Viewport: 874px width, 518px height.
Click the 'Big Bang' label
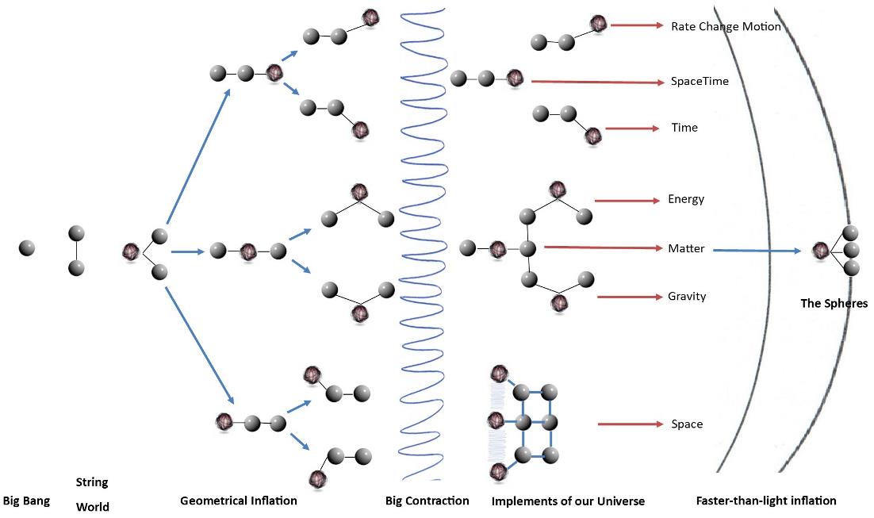pyautogui.click(x=26, y=501)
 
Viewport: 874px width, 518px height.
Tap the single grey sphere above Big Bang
pyautogui.click(x=27, y=248)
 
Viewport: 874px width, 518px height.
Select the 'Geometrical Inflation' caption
pyautogui.click(x=239, y=501)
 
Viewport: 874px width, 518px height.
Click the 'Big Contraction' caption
pyautogui.click(x=427, y=501)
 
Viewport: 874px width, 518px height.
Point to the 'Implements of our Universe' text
pyautogui.click(x=568, y=501)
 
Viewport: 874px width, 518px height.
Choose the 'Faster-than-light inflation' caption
pyautogui.click(x=766, y=501)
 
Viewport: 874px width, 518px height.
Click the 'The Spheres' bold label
pyautogui.click(x=834, y=303)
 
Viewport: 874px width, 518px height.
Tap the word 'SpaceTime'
pyautogui.click(x=700, y=82)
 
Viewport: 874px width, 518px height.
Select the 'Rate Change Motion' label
pyautogui.click(x=726, y=26)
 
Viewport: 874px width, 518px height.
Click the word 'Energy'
pyautogui.click(x=686, y=199)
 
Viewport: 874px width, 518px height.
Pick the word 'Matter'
pyautogui.click(x=686, y=248)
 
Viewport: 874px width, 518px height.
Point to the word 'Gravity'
pyautogui.click(x=687, y=297)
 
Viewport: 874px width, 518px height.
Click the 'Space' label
pyautogui.click(x=687, y=424)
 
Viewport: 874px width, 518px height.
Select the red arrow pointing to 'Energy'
pyautogui.click(x=627, y=201)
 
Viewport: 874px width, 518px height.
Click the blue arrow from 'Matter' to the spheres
pyautogui.click(x=757, y=251)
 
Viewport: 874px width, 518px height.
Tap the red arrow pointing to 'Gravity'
pyautogui.click(x=630, y=297)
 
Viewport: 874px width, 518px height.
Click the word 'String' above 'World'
pyautogui.click(x=92, y=482)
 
